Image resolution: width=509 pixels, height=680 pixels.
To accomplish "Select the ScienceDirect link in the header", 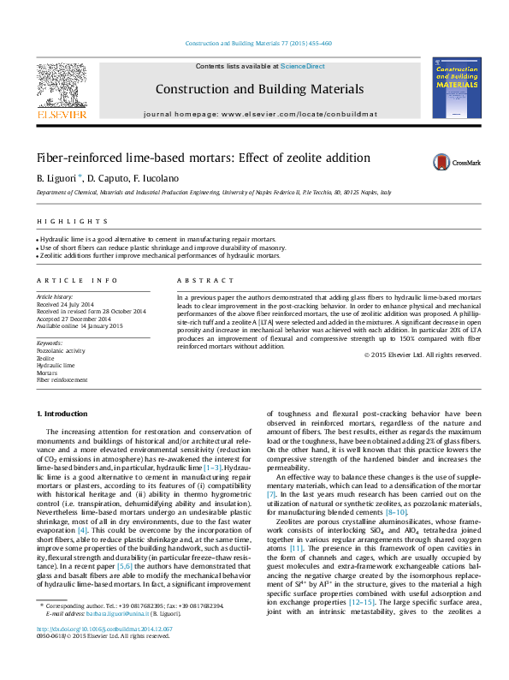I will pyautogui.click(x=303, y=66).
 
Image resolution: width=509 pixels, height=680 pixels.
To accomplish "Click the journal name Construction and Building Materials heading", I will pyautogui.click(x=249, y=88).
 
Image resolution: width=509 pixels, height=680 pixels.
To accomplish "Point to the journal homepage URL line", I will pyautogui.click(x=249, y=113).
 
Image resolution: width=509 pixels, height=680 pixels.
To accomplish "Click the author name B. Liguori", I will pyautogui.click(x=57, y=178).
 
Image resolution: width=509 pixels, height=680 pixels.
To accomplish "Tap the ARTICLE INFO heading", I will pyautogui.click(x=76, y=281).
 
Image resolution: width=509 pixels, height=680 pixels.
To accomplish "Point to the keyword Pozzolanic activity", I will pyautogui.click(x=60, y=351).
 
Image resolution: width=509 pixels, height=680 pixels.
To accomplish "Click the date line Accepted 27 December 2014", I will pyautogui.click(x=74, y=319).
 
